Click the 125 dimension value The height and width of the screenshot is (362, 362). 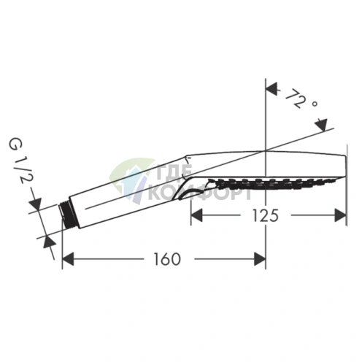coord(265,215)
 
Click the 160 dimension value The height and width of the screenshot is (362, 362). coord(167,259)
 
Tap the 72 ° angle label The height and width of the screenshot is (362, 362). coord(301,99)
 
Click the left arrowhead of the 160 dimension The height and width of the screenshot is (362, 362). coord(68,259)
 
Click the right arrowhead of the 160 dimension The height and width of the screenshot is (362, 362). coord(260,259)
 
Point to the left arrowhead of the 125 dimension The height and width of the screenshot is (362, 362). coord(196,215)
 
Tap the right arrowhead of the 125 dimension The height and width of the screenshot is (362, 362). coord(340,215)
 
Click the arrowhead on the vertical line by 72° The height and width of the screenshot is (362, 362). coord(272,89)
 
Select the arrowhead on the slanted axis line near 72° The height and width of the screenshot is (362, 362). coord(321,126)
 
